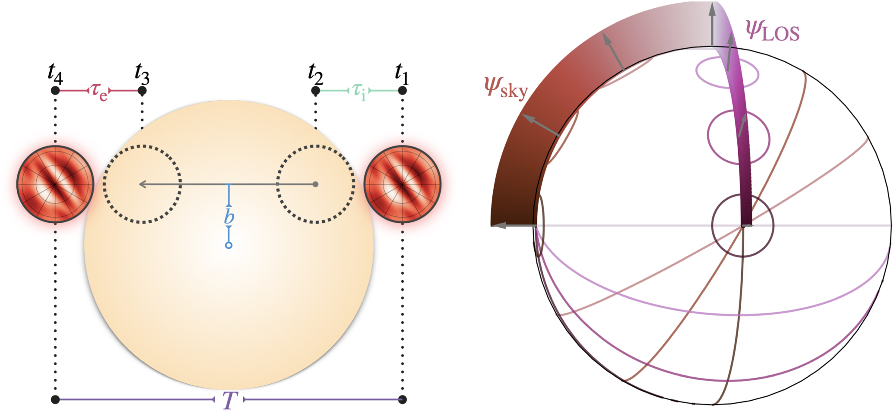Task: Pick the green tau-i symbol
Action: click(358, 91)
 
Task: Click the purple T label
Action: click(229, 400)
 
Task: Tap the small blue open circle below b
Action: click(229, 245)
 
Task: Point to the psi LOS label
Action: click(772, 31)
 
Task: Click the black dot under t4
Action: click(55, 91)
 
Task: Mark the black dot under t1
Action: click(402, 91)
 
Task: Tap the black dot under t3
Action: click(142, 91)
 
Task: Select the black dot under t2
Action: click(316, 91)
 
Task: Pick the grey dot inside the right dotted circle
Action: click(316, 184)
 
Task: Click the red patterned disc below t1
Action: click(402, 184)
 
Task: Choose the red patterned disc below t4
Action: click(55, 184)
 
